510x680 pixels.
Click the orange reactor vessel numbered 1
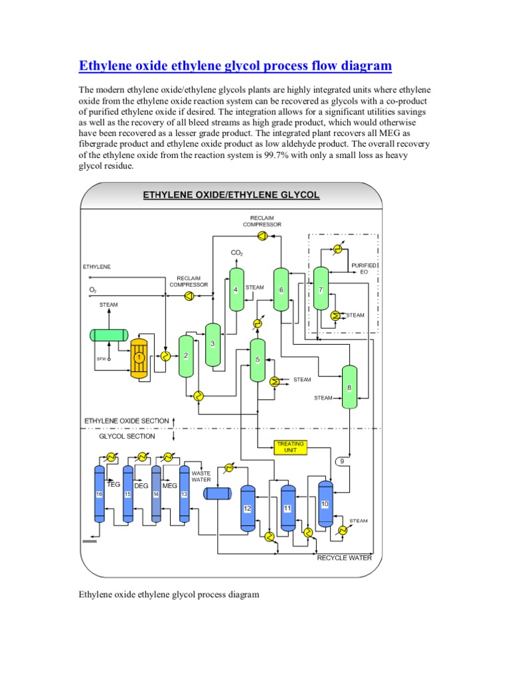139,358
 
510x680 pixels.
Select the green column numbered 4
236,290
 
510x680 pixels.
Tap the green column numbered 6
281,290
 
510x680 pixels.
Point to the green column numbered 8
349,388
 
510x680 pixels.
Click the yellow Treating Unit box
292,447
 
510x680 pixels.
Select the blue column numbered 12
248,509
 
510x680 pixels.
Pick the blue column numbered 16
99,494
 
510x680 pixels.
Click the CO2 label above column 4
236,253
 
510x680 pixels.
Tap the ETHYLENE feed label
97,266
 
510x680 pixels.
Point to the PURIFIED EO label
364,268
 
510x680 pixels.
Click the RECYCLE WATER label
344,558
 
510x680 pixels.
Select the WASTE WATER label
201,476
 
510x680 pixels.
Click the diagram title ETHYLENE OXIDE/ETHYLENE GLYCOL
231,195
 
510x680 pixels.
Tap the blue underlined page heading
235,66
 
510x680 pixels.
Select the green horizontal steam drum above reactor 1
110,335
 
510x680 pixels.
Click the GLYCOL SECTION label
127,436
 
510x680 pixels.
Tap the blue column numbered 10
325,504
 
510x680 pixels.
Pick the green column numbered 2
186,356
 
